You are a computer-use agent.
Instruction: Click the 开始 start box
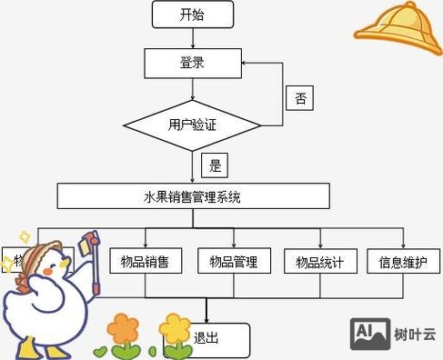[193, 14]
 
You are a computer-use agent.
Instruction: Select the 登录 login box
[193, 62]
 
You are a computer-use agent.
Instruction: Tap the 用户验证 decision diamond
[193, 125]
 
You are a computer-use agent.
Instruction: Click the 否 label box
[301, 97]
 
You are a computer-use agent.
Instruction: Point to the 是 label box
[216, 165]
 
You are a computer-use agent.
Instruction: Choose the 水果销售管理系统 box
[193, 195]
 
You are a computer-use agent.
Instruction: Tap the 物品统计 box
[320, 262]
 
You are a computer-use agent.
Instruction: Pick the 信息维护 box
[404, 262]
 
